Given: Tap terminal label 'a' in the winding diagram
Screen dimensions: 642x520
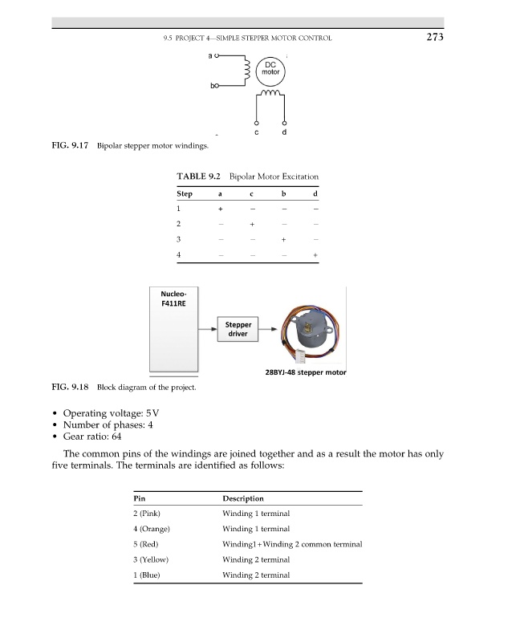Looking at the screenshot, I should pyautogui.click(x=209, y=56).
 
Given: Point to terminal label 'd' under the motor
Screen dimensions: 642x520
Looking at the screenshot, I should pyautogui.click(x=285, y=132).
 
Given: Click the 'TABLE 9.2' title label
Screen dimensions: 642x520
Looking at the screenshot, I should pyautogui.click(x=199, y=176).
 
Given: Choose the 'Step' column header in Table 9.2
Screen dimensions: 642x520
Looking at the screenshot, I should pyautogui.click(x=184, y=194).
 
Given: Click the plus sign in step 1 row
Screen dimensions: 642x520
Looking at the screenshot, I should pyautogui.click(x=220, y=209).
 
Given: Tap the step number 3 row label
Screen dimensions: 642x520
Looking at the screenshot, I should pyautogui.click(x=179, y=240).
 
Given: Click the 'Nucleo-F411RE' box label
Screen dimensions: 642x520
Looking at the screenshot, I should pyautogui.click(x=174, y=299).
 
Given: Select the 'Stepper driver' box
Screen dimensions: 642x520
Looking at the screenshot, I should pyautogui.click(x=238, y=329).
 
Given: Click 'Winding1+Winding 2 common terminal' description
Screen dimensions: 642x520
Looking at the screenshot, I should pyautogui.click(x=292, y=544).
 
